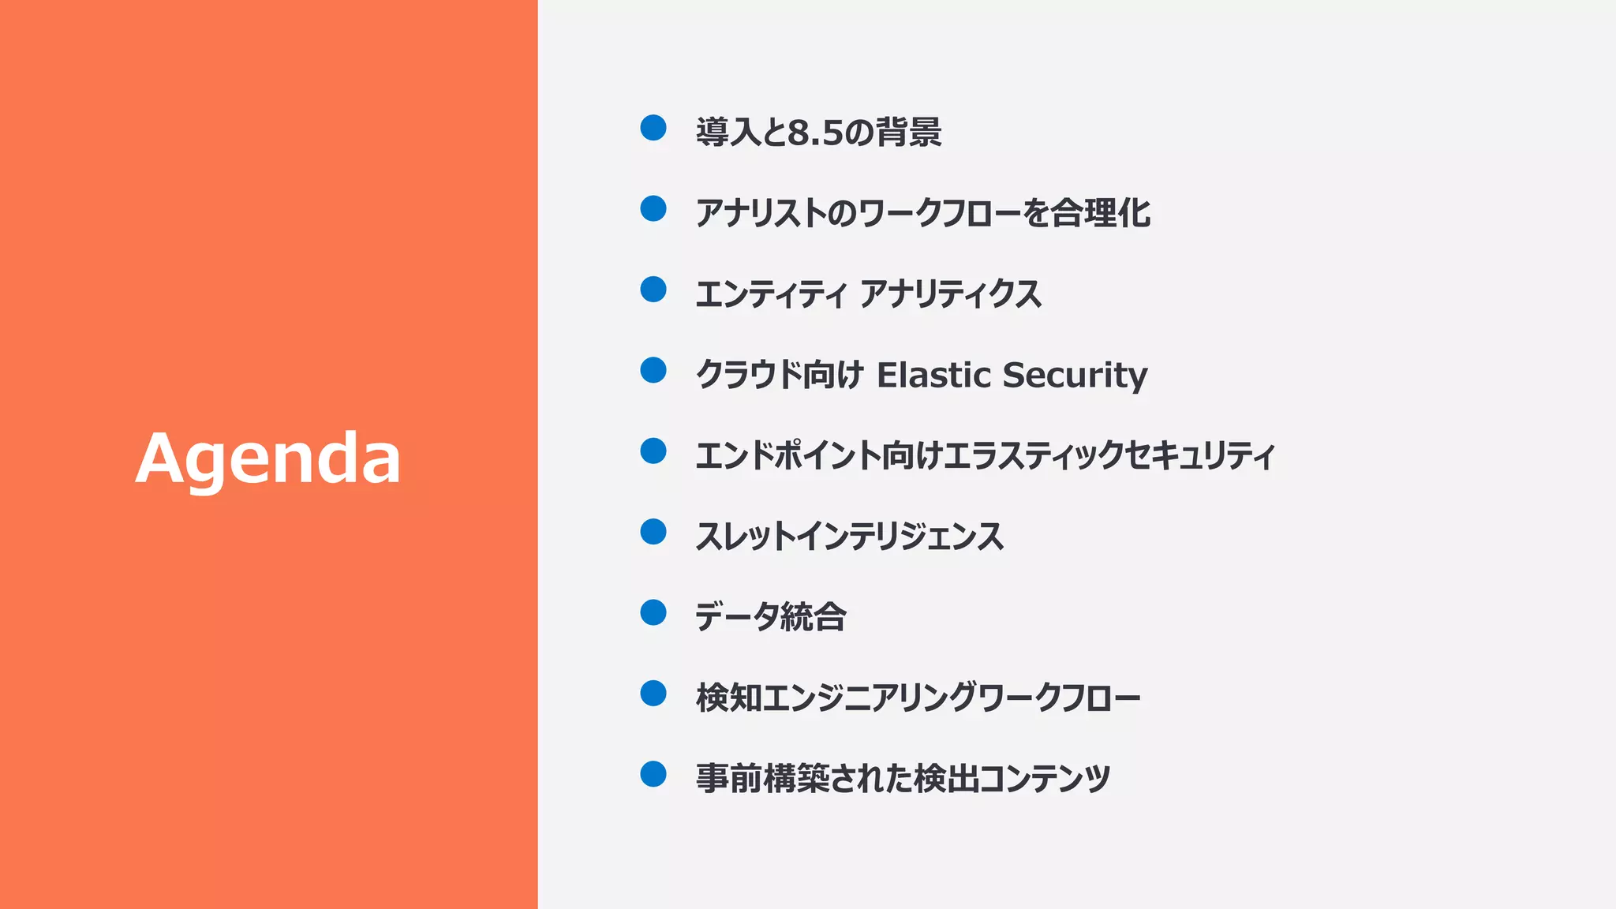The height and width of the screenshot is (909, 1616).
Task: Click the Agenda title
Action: [268, 458]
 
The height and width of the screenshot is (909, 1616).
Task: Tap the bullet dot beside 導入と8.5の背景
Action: [653, 127]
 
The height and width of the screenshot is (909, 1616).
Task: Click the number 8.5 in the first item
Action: [816, 133]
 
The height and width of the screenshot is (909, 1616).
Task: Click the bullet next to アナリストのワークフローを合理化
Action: [653, 208]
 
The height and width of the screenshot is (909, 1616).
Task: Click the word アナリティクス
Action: [951, 294]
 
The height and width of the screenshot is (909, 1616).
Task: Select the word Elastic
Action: [933, 375]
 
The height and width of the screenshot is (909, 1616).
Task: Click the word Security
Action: [1075, 376]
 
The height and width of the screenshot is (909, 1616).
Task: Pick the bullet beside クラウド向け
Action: [653, 370]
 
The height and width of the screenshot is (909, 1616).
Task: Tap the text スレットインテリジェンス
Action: [849, 537]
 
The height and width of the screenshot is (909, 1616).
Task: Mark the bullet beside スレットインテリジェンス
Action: [653, 532]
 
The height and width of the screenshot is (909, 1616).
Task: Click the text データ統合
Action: [770, 617]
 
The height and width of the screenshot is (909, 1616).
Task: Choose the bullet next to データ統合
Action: [653, 612]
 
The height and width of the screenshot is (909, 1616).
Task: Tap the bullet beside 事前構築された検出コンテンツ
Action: [653, 774]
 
